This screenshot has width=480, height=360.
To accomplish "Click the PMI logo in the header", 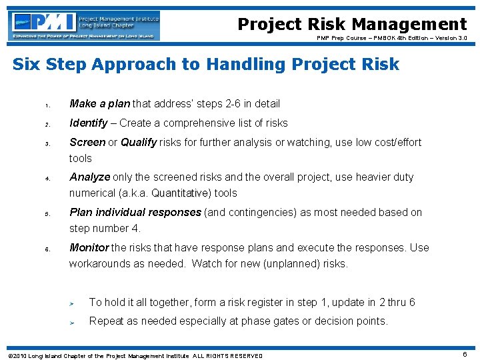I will click(85, 25).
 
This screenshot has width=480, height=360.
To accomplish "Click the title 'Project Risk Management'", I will click(352, 25).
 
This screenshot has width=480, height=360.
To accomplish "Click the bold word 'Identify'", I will click(88, 123).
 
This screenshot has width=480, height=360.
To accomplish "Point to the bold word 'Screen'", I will click(87, 143).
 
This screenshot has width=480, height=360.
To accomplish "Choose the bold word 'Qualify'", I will click(139, 143).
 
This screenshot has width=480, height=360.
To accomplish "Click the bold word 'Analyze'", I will click(89, 177).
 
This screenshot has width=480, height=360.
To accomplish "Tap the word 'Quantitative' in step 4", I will click(181, 193).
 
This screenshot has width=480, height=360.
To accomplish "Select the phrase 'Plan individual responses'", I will click(135, 213).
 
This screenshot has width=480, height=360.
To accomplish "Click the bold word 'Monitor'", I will click(89, 248).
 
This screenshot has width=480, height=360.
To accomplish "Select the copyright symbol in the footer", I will click(6, 356).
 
